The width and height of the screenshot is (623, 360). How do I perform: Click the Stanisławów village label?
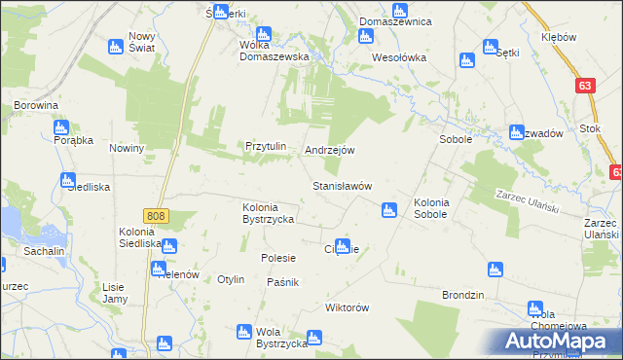pyautogui.click(x=342, y=185)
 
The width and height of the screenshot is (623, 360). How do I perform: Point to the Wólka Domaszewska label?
pyautogui.click(x=275, y=56)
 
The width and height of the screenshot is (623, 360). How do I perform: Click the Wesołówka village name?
pyautogui.click(x=400, y=57)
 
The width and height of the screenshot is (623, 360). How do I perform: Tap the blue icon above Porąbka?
pyautogui.click(x=61, y=126)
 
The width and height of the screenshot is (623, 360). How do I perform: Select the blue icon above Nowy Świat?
pyautogui.click(x=115, y=45)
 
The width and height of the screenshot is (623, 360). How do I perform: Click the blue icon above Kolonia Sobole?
pyautogui.click(x=389, y=209)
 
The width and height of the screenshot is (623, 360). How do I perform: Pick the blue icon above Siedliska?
pyautogui.click(x=67, y=180)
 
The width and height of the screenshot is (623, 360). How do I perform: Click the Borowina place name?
pyautogui.click(x=37, y=104)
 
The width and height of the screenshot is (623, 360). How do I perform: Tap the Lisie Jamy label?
pyautogui.click(x=115, y=293)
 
